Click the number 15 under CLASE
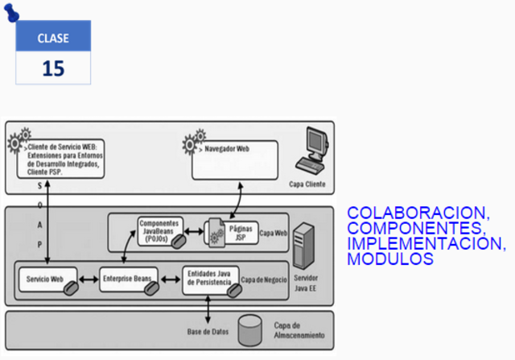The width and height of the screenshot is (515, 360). [53, 68]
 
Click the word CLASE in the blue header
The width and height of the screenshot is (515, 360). [53, 38]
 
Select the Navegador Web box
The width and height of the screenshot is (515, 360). [234, 159]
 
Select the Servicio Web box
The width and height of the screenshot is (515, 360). [47, 279]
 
